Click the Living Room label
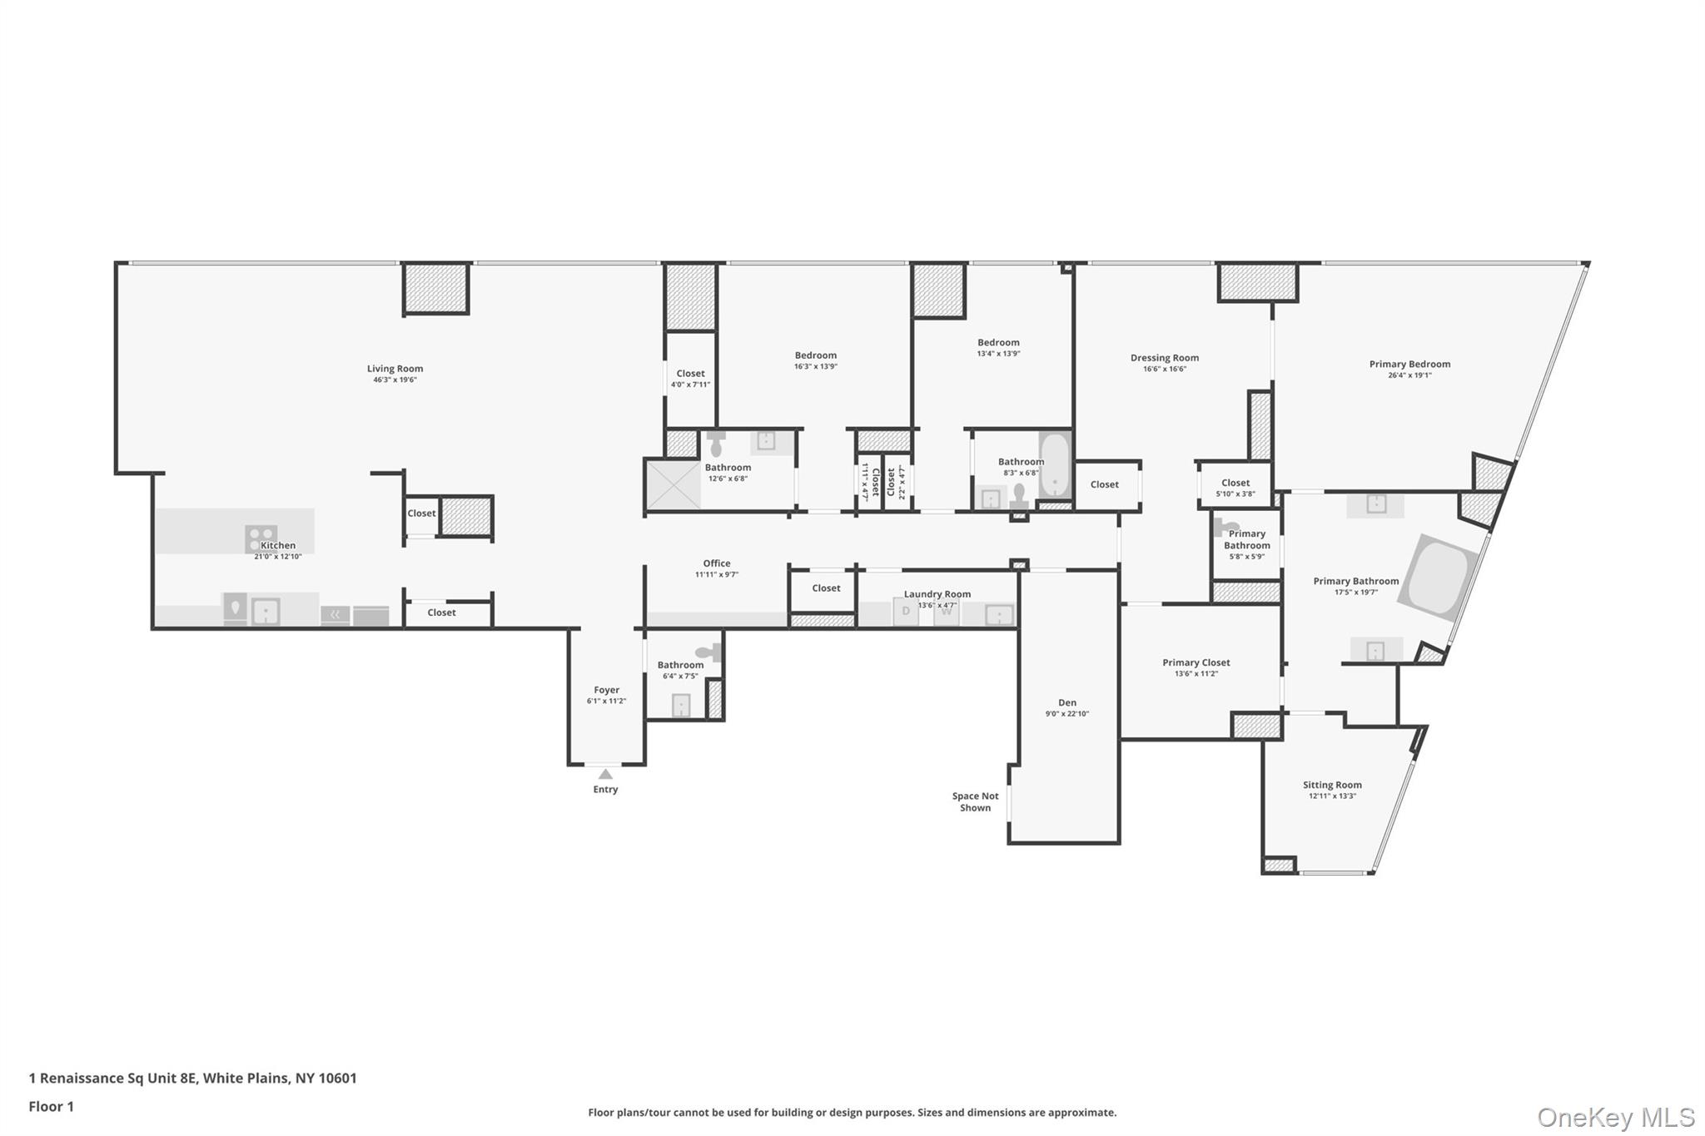coord(395,369)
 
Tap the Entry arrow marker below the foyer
coord(605,775)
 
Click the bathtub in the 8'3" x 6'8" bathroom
coord(1055,465)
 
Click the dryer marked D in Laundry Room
coord(905,612)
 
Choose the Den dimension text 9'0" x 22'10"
coord(1066,714)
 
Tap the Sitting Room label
coord(1332,785)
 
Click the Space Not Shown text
coord(975,802)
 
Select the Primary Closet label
coord(1195,662)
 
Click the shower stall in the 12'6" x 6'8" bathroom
coord(673,484)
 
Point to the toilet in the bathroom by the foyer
coord(708,652)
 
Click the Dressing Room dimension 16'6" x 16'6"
coord(1164,370)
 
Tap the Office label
coord(716,563)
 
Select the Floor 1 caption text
coord(51,1106)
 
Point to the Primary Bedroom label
coord(1409,364)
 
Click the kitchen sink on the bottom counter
coord(265,611)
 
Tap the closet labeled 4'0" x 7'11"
coord(690,379)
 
